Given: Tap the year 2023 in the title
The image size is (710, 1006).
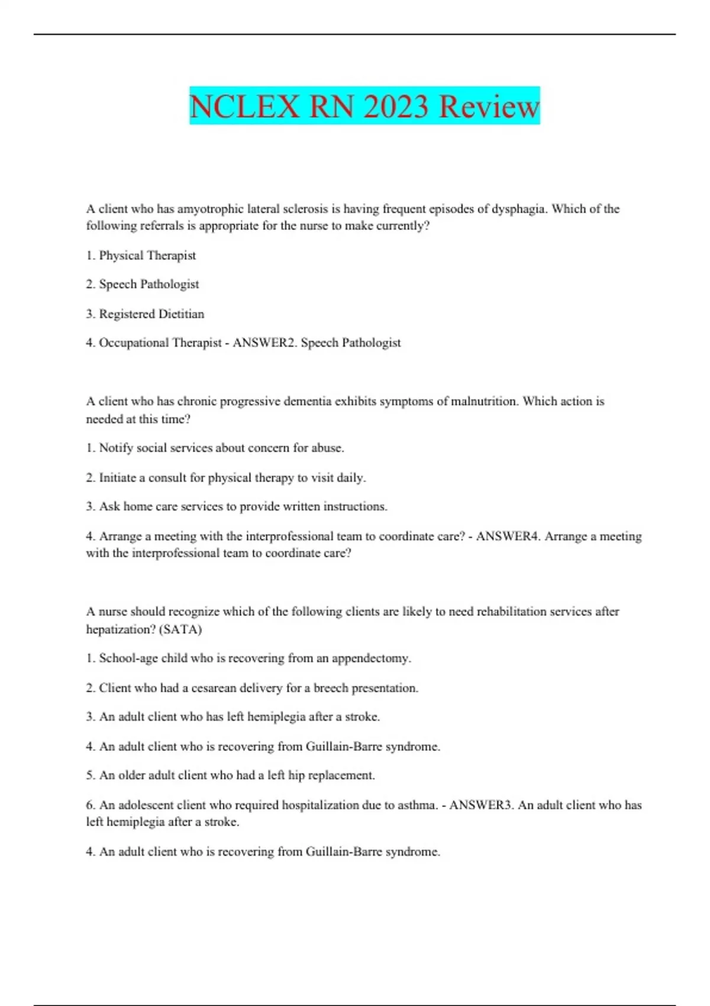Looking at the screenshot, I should coord(395,107).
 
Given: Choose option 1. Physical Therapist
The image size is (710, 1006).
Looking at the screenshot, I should coord(141,256).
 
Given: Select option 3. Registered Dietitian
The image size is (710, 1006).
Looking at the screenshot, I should coord(145,314).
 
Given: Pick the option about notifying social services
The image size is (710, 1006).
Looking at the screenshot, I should coord(215,448).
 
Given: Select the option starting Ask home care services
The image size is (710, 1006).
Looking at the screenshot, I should coord(237,507).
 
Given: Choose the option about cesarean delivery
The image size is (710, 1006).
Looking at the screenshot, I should coord(252,688).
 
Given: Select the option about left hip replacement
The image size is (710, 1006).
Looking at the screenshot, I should coord(231,775).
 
